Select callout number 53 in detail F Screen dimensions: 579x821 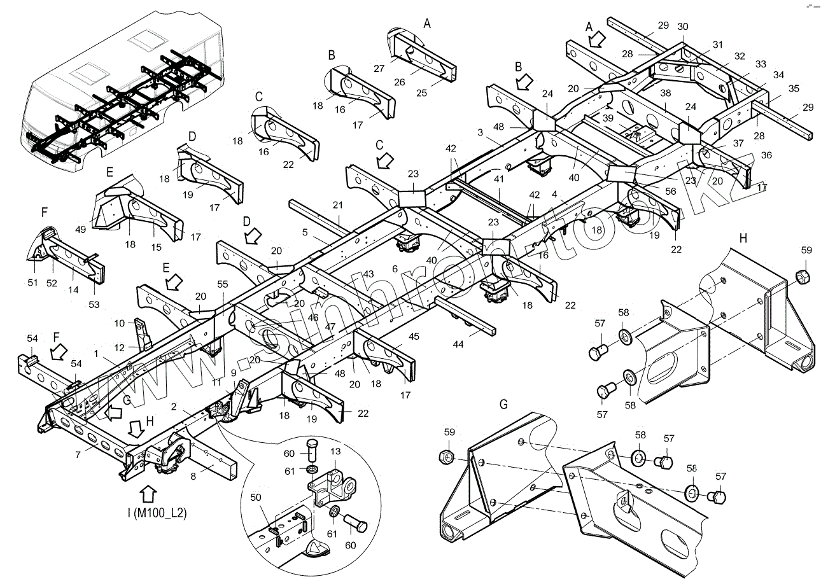pyautogui.click(x=94, y=305)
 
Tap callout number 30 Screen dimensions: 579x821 pyautogui.click(x=683, y=27)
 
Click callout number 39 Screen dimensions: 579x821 pyautogui.click(x=608, y=119)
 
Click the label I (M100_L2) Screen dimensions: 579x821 pyautogui.click(x=156, y=513)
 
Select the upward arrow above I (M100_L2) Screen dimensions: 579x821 pyautogui.click(x=148, y=494)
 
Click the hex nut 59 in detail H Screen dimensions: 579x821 pyautogui.click(x=804, y=277)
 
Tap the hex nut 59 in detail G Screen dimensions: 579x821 pyautogui.click(x=447, y=457)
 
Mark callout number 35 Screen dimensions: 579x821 pyautogui.click(x=776, y=88)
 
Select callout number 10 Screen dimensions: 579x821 pyautogui.click(x=120, y=323)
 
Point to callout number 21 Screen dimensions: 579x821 pyautogui.click(x=337, y=204)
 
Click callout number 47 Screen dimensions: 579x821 pyautogui.click(x=330, y=326)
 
